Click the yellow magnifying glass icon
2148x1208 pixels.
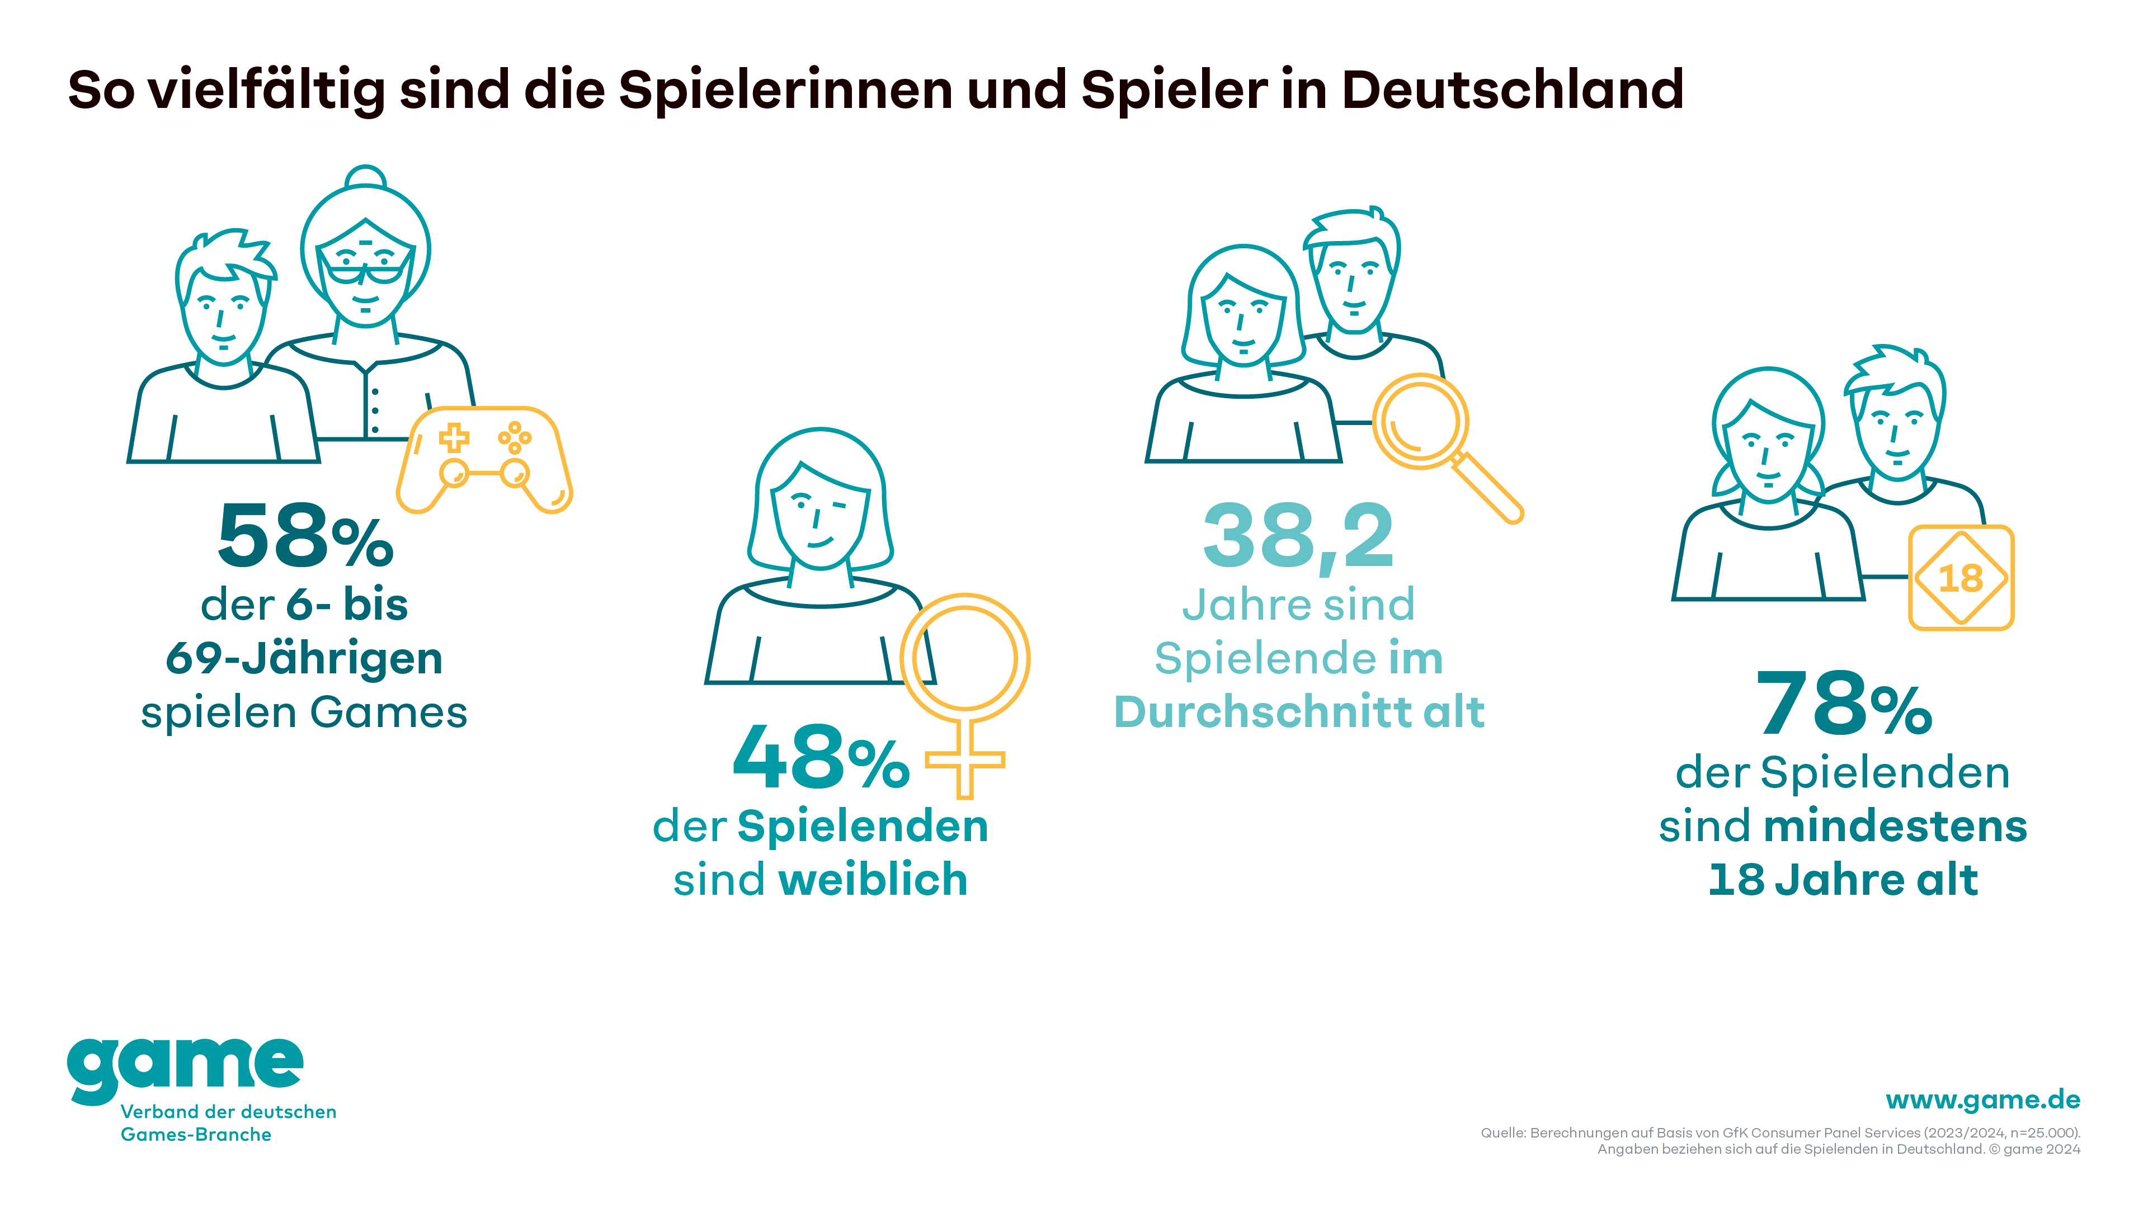(x=1438, y=438)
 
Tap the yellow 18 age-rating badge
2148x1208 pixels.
(x=1961, y=577)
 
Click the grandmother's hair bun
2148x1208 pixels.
(x=366, y=178)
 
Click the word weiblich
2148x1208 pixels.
(x=872, y=880)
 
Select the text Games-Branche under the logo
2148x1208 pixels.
(x=196, y=1135)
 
